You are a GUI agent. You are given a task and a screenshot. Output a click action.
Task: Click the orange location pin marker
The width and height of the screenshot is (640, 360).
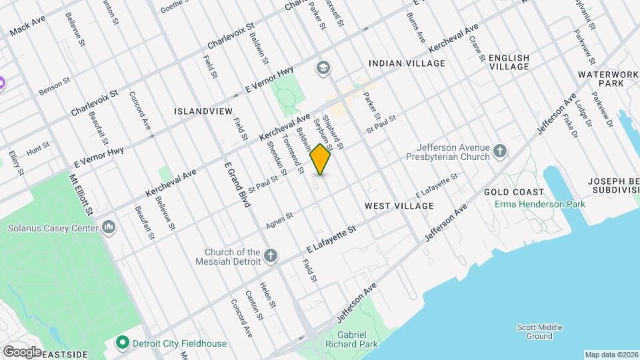click(321, 158)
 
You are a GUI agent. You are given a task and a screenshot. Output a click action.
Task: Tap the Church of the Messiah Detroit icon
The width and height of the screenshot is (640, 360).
click(270, 255)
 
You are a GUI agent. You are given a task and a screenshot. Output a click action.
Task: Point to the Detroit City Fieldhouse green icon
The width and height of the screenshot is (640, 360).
click(122, 343)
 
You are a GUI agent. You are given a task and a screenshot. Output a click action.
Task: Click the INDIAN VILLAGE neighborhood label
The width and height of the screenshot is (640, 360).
click(407, 63)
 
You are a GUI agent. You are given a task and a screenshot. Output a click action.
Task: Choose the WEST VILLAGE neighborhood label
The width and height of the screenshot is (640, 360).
click(399, 206)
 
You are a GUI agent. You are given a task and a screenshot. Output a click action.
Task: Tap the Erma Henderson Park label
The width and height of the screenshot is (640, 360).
click(540, 203)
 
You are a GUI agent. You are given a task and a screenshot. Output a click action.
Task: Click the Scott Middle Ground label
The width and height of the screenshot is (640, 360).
click(539, 331)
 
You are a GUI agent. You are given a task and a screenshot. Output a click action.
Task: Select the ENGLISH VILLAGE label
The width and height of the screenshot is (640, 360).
click(509, 63)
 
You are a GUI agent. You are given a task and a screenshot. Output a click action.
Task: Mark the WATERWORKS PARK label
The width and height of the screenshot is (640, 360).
click(601, 79)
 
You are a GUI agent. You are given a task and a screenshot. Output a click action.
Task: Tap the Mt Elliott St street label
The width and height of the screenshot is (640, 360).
click(81, 195)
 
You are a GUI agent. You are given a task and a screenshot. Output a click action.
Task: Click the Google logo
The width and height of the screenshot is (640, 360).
click(22, 351)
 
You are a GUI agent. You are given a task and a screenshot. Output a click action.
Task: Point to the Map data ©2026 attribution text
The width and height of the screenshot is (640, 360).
click(611, 355)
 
